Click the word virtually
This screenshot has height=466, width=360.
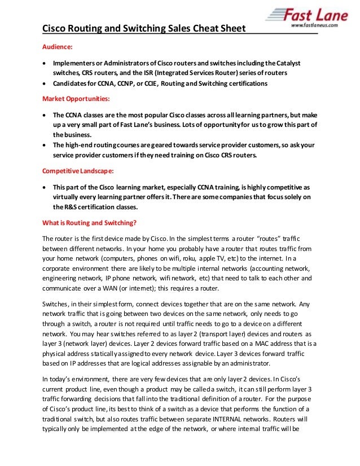[68, 197]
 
